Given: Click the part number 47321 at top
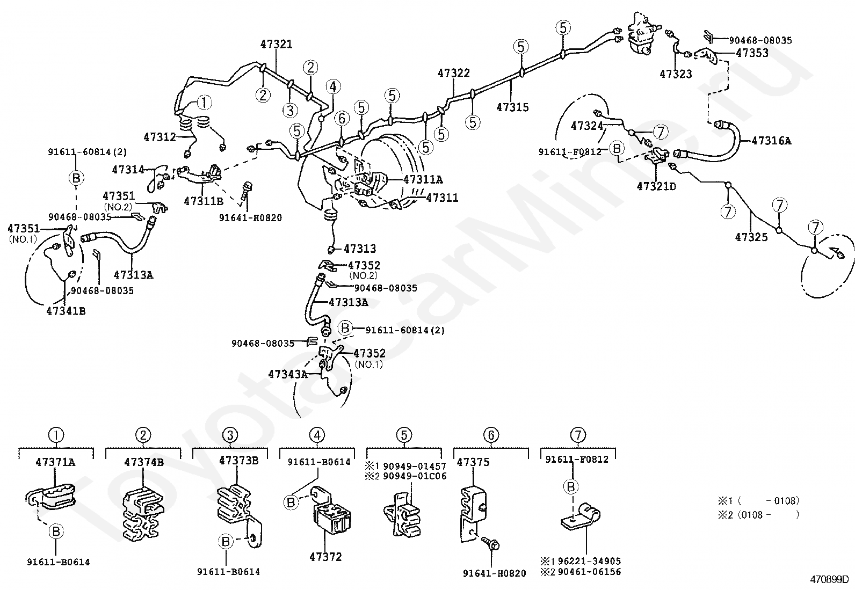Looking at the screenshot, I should coord(276,44).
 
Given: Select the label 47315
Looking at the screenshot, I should coord(512,107).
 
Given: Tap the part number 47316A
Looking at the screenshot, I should coord(771,141).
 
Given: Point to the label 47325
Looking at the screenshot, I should coord(751,237).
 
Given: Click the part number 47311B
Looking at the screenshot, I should coord(204,201).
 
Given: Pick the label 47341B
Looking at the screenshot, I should coord(66,311).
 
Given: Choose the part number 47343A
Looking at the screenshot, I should coord(288,374).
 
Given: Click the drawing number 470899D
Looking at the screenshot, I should coord(829,580).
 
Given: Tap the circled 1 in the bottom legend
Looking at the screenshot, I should coord(56,435).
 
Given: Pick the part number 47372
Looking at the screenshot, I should coord(325,557).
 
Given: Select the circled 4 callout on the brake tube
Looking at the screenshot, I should coord(333,86).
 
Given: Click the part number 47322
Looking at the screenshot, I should coord(453,73).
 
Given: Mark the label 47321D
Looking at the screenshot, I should coord(656,186).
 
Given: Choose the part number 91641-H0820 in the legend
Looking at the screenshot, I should coord(494,573).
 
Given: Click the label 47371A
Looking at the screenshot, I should coord(56,462).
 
